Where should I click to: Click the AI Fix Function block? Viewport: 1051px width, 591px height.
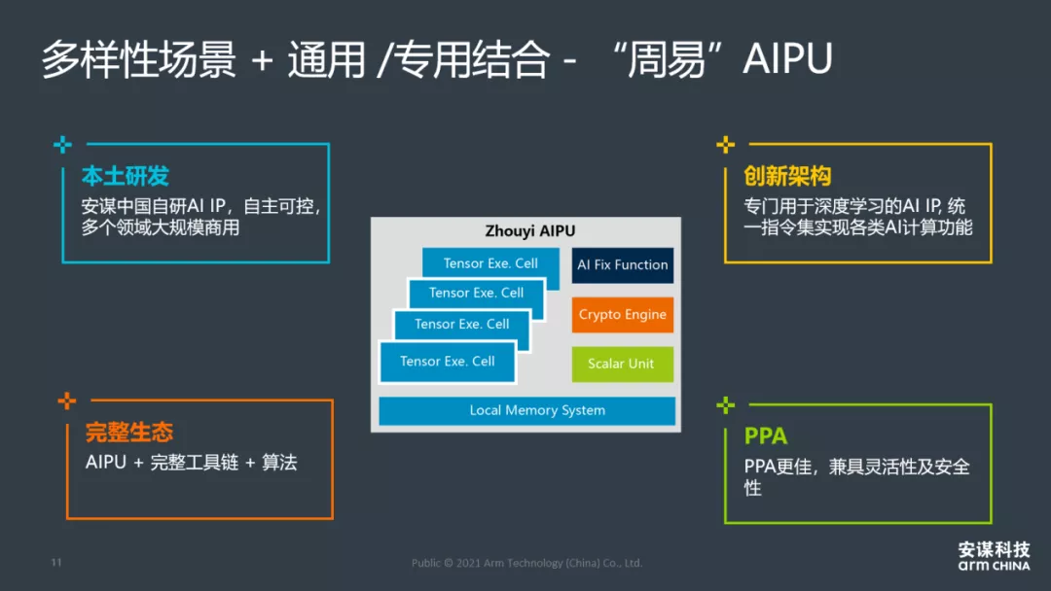[622, 265]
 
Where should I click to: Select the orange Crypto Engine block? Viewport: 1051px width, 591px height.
[622, 315]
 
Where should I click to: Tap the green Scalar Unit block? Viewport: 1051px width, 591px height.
[622, 364]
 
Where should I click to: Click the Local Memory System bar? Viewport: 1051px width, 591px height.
[526, 410]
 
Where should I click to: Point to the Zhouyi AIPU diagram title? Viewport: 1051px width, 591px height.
[529, 231]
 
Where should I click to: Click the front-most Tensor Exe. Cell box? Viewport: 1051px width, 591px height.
[447, 362]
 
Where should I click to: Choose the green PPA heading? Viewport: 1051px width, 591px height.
[766, 436]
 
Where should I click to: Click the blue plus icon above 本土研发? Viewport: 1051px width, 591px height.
[63, 145]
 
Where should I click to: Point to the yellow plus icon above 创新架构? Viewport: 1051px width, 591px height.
[725, 145]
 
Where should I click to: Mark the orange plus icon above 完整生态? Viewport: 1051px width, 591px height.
[67, 400]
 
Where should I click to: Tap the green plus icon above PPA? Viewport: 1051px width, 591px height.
[725, 404]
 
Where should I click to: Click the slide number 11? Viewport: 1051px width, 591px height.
[55, 563]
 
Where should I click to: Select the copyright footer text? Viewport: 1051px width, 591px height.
[526, 563]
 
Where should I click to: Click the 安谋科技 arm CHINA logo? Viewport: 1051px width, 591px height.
[993, 556]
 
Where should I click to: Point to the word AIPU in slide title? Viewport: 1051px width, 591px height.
[787, 60]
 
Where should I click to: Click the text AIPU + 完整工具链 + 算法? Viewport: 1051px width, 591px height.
[191, 463]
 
